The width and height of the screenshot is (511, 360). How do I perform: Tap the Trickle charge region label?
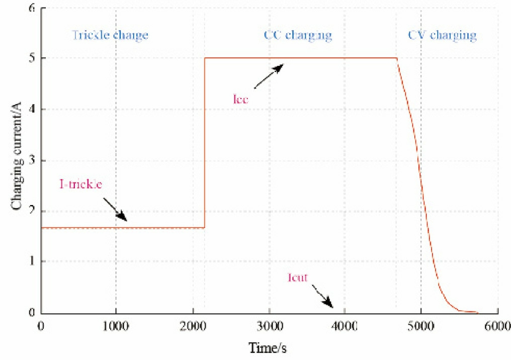[110, 36]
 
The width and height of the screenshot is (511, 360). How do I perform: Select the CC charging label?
[298, 36]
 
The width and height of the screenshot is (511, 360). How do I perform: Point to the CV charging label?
[442, 36]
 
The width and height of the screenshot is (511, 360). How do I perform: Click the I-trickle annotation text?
[80, 185]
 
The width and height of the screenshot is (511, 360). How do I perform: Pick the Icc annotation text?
[241, 99]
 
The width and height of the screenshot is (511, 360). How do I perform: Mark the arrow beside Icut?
[322, 296]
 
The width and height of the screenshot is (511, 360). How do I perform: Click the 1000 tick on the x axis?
[116, 325]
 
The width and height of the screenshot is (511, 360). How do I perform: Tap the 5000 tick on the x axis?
[421, 325]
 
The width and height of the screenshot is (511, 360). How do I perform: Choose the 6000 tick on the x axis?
[497, 325]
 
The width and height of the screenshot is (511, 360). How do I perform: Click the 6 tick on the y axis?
[31, 9]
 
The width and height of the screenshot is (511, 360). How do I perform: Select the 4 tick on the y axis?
[31, 110]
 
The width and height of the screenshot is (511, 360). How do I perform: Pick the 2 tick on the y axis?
[31, 211]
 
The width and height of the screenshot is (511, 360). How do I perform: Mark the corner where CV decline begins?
[397, 58]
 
